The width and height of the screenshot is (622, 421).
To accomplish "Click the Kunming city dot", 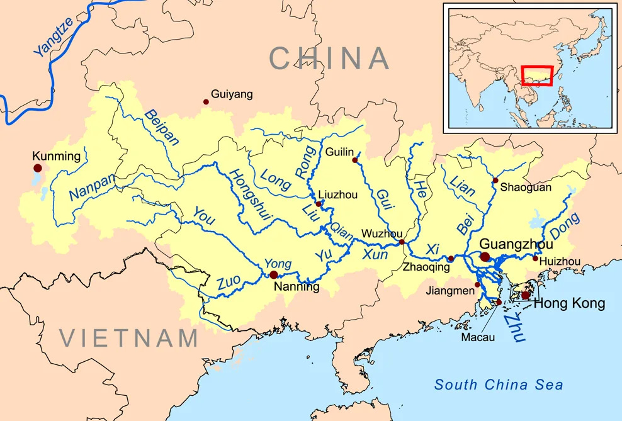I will [x=38, y=168].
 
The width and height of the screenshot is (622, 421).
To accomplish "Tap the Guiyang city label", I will [x=232, y=94].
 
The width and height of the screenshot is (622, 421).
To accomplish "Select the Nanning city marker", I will [x=273, y=275].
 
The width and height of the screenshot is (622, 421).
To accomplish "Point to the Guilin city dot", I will [x=354, y=160].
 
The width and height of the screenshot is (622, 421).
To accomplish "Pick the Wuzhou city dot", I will [x=402, y=242].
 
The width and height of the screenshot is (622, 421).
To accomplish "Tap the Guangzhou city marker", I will [x=485, y=256].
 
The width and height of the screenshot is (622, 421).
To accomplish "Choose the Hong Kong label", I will [x=569, y=304].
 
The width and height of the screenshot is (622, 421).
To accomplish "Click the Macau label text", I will [x=478, y=337].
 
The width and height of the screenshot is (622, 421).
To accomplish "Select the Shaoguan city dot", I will [x=495, y=181].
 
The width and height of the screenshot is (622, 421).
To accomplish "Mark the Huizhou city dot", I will [x=535, y=258].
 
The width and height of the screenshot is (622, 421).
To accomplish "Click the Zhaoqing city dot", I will [x=451, y=259].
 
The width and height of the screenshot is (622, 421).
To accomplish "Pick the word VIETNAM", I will [x=130, y=339].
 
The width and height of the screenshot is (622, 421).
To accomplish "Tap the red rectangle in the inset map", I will [x=537, y=76].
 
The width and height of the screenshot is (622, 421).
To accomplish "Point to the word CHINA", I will [x=329, y=59].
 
